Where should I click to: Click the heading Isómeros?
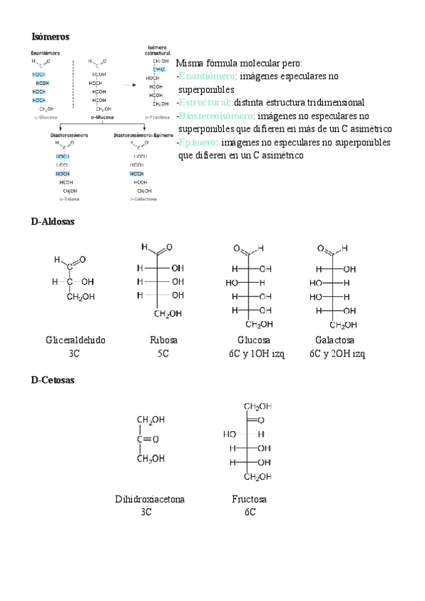point(50,36)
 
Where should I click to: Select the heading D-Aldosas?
point(53,222)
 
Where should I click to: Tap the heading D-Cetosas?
point(53,380)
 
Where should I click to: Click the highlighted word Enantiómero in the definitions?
point(208,76)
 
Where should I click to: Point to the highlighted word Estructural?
point(204,103)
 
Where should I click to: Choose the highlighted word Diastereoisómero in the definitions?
point(217,116)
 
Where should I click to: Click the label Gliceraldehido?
point(75,340)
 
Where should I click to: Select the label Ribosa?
point(164,340)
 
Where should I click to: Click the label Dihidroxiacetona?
point(149,499)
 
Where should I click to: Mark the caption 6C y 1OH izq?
point(256,353)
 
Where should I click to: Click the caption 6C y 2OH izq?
point(337,353)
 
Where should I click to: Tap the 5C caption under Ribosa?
point(163,353)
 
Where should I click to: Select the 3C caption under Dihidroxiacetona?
point(146,512)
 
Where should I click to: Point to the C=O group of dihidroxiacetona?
point(147,439)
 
